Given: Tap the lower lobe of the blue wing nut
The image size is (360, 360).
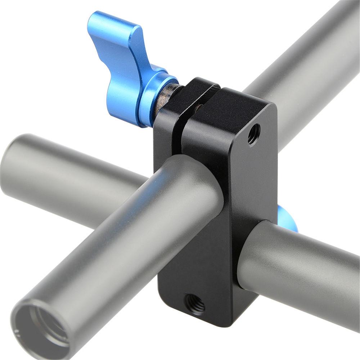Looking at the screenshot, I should click(x=121, y=97).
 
